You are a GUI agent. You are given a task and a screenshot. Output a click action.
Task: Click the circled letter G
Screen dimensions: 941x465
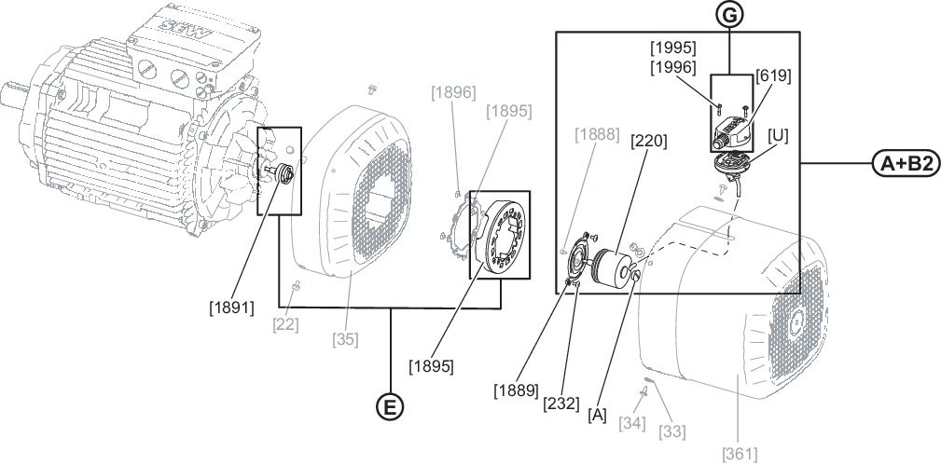729,15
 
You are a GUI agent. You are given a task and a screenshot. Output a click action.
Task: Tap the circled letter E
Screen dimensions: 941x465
390,407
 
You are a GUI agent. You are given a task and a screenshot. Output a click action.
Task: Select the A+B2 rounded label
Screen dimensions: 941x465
906,163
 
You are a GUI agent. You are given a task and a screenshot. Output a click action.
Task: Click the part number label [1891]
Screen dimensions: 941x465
231,308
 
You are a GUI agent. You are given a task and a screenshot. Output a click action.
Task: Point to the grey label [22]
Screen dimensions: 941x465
285,324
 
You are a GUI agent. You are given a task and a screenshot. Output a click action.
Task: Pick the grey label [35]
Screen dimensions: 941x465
346,339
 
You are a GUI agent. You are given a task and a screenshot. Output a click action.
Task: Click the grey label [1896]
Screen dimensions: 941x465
453,92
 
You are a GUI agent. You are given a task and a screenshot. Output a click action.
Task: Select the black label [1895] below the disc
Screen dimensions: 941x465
431,365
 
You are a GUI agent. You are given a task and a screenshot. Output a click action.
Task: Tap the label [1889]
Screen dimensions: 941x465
516,390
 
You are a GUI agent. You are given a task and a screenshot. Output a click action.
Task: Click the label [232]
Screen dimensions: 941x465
561,403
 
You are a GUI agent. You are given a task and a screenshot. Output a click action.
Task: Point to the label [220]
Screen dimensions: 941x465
649,141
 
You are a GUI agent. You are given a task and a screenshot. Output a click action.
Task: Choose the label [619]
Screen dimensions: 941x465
773,76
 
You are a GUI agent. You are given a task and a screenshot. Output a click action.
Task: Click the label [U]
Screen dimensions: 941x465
779,136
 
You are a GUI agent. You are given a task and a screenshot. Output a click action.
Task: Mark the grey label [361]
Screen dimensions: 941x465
739,454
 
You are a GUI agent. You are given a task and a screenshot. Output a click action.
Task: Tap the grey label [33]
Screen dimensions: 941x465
672,431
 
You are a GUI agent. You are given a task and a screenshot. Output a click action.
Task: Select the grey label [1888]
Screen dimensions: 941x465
597,134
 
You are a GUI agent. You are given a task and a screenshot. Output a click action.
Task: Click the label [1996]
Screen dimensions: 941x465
673,67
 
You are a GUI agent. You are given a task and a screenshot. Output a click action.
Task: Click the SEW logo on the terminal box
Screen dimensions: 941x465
177,27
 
